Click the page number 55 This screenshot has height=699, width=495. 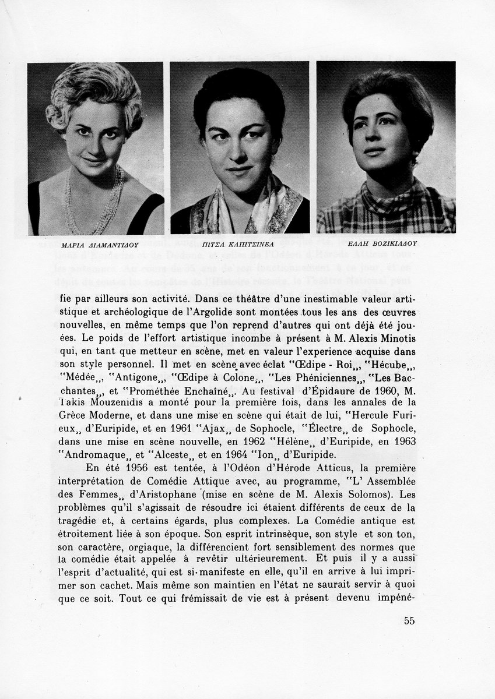click(409, 620)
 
